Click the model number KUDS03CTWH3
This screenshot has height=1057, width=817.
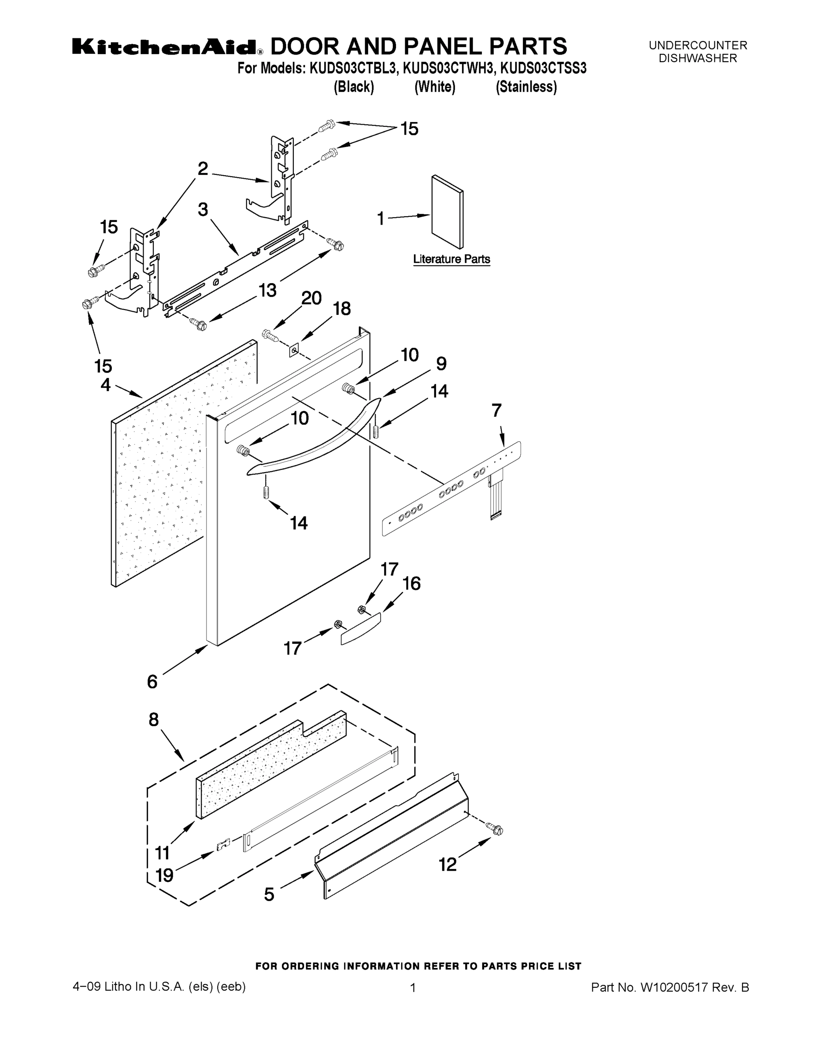(x=448, y=68)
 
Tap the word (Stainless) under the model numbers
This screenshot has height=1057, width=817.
(x=526, y=87)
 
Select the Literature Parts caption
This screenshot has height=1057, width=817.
(x=451, y=259)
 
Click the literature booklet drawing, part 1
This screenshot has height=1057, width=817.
(x=447, y=212)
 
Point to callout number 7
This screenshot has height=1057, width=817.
(x=497, y=410)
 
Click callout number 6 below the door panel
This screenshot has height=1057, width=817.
(x=152, y=681)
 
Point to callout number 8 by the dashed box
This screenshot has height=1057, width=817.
(x=153, y=720)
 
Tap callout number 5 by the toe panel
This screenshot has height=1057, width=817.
(x=269, y=894)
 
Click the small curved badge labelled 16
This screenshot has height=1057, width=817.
(x=361, y=628)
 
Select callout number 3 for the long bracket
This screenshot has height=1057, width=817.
(x=203, y=210)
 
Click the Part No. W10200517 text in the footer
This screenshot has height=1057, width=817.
(x=670, y=987)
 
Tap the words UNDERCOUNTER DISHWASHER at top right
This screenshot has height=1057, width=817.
(x=698, y=52)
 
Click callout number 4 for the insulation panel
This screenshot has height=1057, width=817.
(x=106, y=385)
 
